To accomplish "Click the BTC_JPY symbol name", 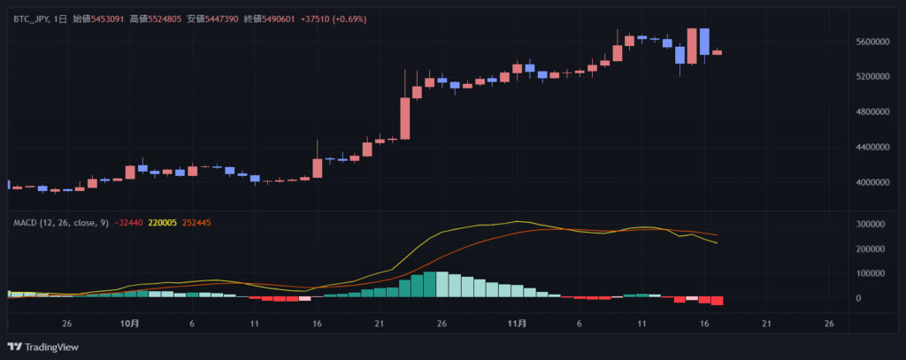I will pyautogui.click(x=32, y=19).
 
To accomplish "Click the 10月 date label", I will pyautogui.click(x=129, y=324).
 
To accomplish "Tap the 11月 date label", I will pyautogui.click(x=518, y=324).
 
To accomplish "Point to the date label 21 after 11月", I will pyautogui.click(x=766, y=324).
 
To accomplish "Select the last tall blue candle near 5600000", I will pyautogui.click(x=704, y=42).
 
